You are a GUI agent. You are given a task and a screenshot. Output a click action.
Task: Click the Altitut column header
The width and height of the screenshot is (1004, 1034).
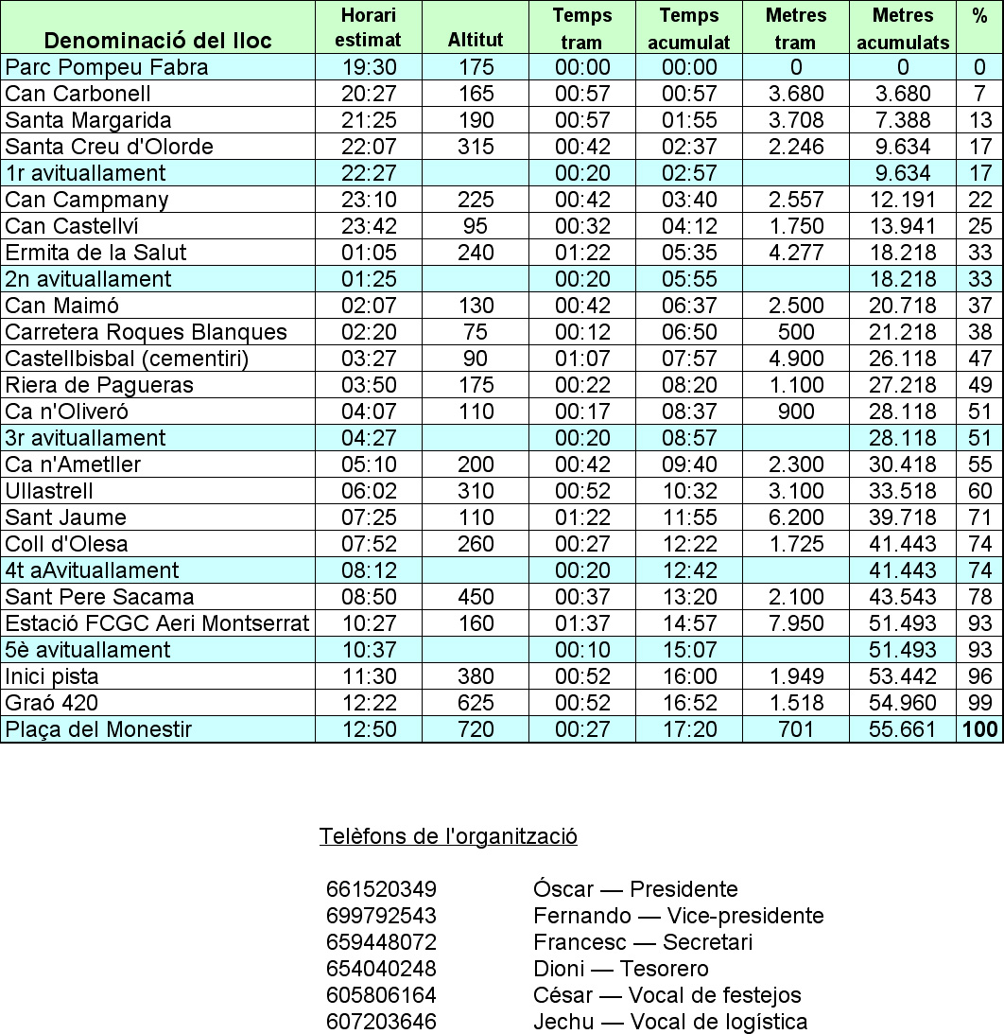point(476,40)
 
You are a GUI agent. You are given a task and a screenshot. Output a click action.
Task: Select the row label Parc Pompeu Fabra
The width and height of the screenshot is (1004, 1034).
point(106,67)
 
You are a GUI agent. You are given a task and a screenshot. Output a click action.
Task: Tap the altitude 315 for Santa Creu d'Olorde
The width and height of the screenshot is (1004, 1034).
point(476,147)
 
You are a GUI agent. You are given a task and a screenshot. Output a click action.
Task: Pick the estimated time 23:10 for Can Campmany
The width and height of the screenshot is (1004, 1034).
point(368,200)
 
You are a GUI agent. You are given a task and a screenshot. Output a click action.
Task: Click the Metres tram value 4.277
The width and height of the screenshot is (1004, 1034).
point(794,253)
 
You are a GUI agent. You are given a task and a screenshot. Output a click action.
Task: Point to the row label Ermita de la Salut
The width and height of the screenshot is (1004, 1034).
point(95,253)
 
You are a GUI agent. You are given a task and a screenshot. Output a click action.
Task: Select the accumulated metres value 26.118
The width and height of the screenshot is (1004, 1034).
point(903,359)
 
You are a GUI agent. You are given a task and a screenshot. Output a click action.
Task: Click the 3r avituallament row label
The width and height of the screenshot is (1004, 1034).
point(85,438)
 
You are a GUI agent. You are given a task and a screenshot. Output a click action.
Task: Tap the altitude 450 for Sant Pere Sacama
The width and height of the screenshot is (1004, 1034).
point(476,597)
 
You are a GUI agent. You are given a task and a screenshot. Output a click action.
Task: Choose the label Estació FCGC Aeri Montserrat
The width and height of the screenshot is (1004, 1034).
point(157,623)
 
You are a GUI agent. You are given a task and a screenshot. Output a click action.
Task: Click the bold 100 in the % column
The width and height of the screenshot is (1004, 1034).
point(979,729)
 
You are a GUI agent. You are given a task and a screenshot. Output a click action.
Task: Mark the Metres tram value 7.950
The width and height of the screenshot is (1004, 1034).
point(794,623)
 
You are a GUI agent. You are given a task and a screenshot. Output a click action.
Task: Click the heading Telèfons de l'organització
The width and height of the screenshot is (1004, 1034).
point(448,836)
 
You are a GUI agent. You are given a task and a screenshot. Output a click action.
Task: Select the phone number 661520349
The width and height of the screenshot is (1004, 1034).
point(381,889)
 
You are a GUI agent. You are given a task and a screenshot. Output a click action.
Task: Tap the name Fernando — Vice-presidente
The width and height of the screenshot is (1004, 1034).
point(678,916)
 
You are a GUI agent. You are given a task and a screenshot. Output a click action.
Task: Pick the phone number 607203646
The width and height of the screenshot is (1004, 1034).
point(381,1022)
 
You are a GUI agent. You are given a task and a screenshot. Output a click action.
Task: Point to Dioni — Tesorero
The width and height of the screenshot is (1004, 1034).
point(620,969)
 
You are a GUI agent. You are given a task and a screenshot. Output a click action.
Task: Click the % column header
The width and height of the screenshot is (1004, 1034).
point(979,16)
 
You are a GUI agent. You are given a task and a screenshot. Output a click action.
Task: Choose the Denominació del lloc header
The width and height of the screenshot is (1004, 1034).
point(158,40)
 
